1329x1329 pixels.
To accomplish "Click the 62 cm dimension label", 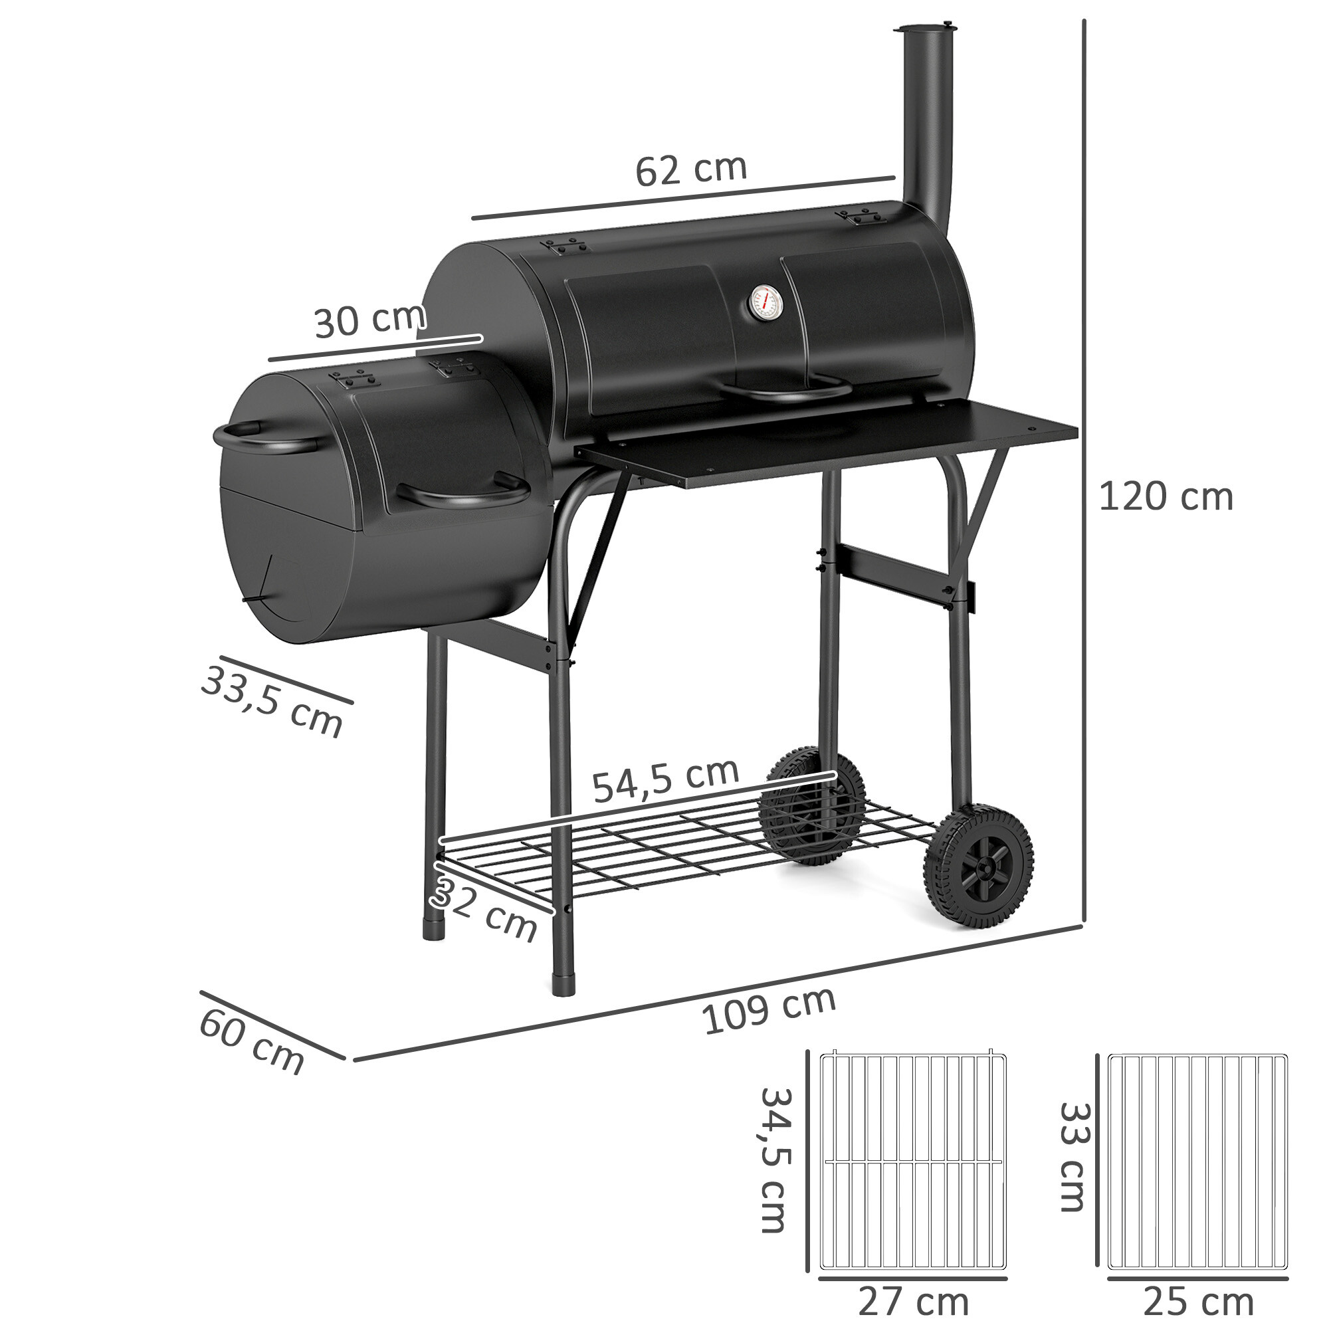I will [x=690, y=170].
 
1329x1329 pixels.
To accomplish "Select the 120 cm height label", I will [x=1166, y=496].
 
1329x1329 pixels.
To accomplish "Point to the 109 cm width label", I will [x=768, y=1011].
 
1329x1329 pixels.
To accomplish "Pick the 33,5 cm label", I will [x=272, y=702].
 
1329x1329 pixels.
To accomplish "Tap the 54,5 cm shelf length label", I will [x=665, y=780].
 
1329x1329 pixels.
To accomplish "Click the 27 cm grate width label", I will [x=913, y=1302].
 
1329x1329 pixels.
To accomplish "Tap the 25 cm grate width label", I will [x=1197, y=1302].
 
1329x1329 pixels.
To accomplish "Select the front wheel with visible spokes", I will [x=978, y=869].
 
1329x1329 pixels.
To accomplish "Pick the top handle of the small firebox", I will [x=261, y=439].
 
